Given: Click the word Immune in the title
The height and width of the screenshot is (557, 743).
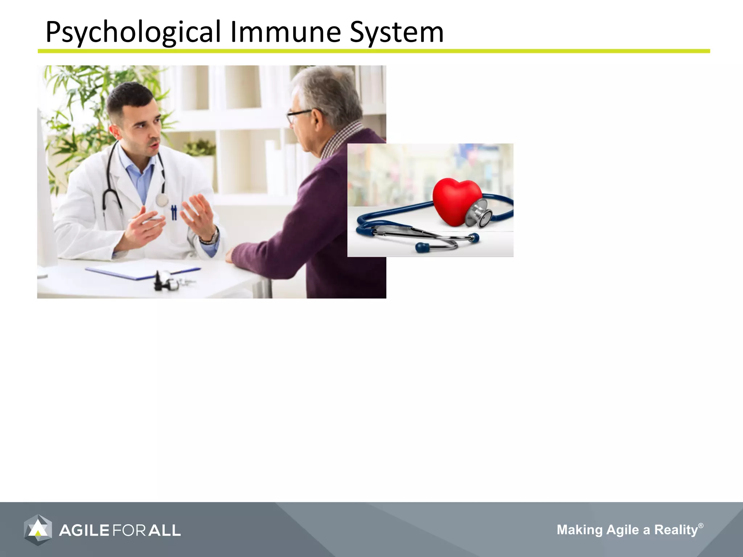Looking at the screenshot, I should pos(286,32).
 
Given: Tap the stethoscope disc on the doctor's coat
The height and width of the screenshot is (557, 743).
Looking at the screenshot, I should pos(162,200).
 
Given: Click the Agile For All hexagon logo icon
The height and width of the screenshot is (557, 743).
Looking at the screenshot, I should pos(38,530).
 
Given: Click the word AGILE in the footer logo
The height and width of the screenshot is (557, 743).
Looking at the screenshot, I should pos(84,531).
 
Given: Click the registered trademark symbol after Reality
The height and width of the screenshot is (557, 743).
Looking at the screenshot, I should pos(701,525).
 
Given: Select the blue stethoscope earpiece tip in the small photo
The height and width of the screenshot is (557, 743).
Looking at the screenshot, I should pos(422,248).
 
